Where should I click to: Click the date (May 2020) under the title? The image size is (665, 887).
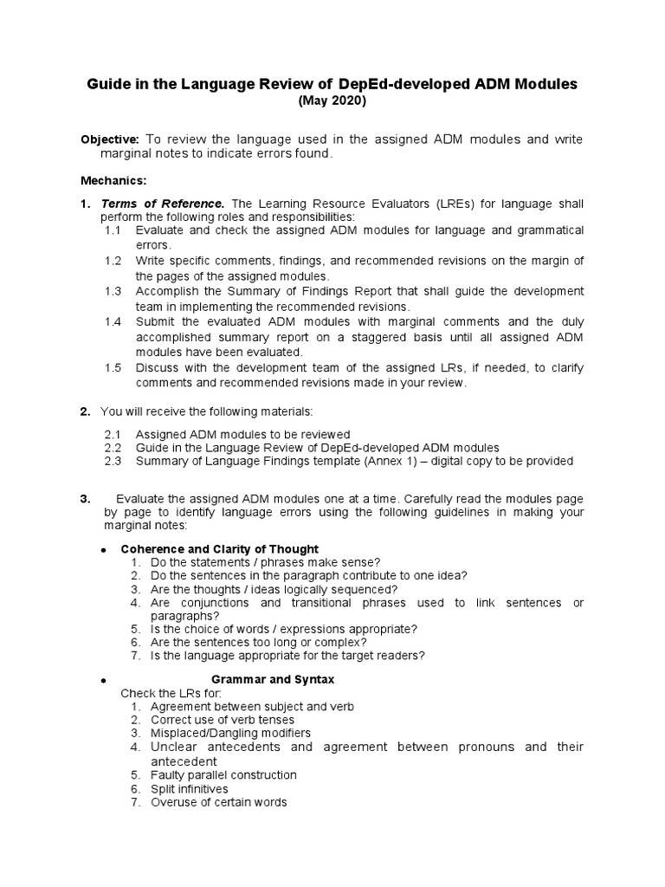coord(332,101)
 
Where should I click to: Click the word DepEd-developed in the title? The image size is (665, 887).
coord(391,84)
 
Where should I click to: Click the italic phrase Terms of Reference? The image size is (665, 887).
coord(152,203)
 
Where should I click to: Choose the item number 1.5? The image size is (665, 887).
coord(113,368)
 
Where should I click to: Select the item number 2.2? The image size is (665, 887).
coord(113,448)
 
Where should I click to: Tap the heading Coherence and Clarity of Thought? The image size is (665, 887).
coord(220,549)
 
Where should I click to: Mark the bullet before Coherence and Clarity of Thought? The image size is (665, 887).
coord(103,550)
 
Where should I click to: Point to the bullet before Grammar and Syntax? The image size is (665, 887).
coord(103,681)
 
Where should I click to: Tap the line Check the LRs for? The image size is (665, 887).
coord(171,693)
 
